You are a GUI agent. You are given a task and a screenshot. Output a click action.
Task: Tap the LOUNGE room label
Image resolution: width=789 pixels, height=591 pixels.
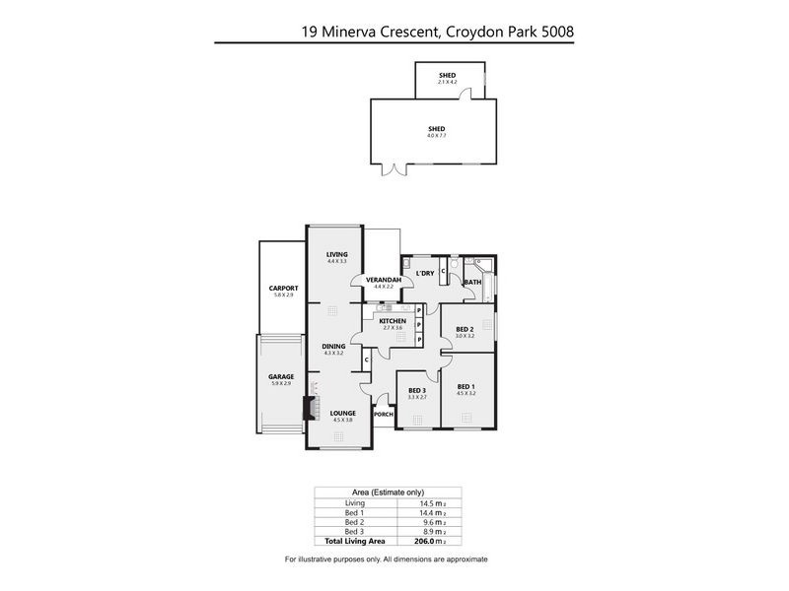(x=343, y=414)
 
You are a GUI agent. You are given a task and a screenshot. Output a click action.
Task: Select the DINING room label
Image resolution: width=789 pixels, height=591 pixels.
(x=333, y=346)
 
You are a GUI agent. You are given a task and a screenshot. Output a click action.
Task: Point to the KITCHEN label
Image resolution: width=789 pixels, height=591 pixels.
(x=393, y=321)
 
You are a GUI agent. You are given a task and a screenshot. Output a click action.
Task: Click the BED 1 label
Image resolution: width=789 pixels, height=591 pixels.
(x=466, y=387)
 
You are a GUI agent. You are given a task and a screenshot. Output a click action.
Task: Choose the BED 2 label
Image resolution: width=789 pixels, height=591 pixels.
(x=466, y=329)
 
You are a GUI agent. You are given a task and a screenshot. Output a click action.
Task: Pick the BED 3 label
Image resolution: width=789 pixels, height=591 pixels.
(x=416, y=391)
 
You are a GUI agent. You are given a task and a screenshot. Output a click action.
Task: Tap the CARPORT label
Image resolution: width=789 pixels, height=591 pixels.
(x=283, y=289)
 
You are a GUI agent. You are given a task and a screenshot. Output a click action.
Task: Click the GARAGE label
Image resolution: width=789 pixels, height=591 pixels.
(x=281, y=376)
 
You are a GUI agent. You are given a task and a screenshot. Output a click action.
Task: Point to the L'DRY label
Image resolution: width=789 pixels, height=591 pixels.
(x=425, y=273)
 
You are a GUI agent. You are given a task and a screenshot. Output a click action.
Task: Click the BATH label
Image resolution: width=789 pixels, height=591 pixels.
(x=472, y=283)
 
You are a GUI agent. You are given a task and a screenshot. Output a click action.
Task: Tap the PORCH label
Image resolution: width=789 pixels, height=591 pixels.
(x=384, y=415)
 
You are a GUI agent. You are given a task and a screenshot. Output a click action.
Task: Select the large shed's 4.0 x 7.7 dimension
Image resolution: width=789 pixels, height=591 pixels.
(x=436, y=135)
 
